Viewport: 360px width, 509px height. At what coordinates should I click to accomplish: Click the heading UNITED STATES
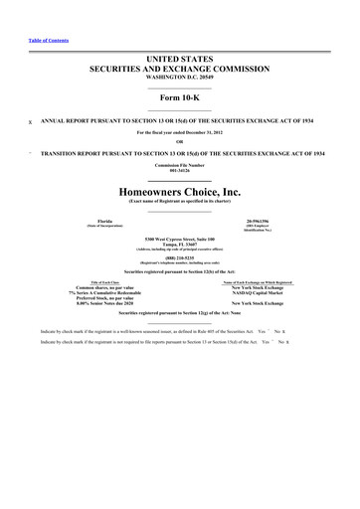point(179,62)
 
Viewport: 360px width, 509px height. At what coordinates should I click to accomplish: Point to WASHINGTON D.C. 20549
point(179,82)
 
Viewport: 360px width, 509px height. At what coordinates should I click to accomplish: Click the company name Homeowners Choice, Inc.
point(179,189)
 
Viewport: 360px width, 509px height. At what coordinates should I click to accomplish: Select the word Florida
point(97,221)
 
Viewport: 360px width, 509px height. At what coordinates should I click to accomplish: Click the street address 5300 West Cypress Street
point(179,240)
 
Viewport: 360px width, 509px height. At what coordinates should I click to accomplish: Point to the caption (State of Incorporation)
point(97,227)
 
